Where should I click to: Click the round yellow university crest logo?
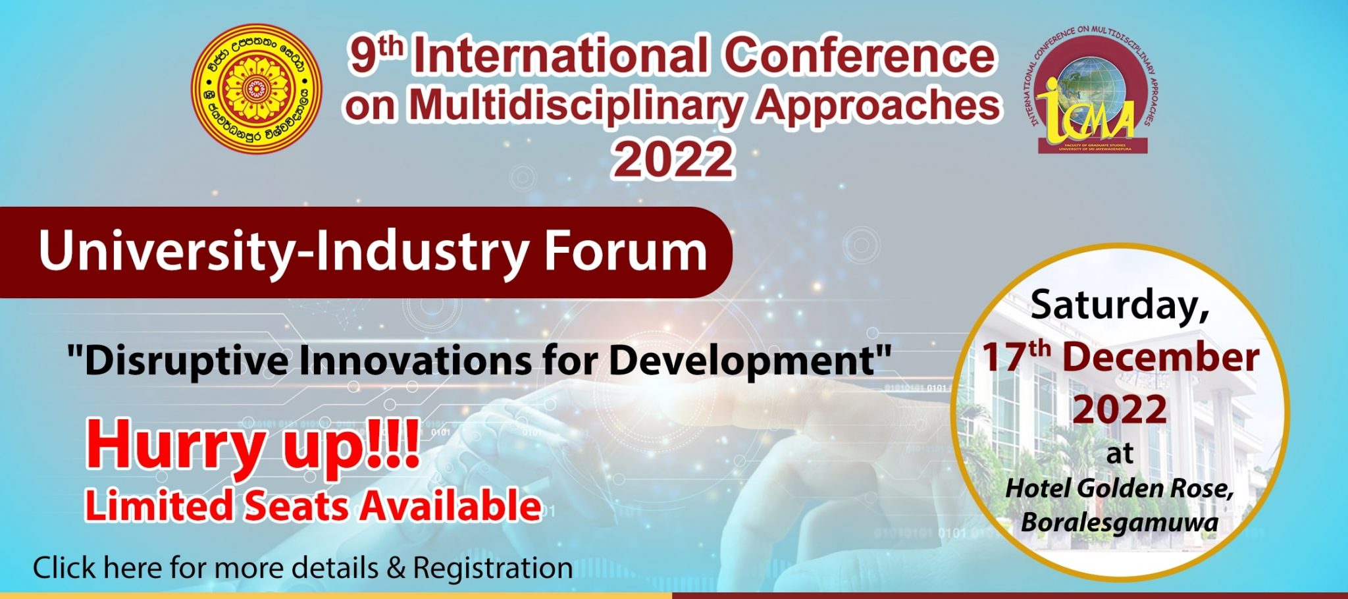[x=257, y=88]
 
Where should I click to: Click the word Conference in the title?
[x=860, y=55]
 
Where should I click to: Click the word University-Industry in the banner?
[x=283, y=251]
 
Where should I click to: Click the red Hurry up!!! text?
[x=253, y=445]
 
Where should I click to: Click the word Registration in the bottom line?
[x=492, y=568]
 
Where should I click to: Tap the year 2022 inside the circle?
[x=1120, y=409]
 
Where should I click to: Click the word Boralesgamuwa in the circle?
[x=1119, y=523]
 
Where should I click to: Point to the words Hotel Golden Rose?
[x=1119, y=488]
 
